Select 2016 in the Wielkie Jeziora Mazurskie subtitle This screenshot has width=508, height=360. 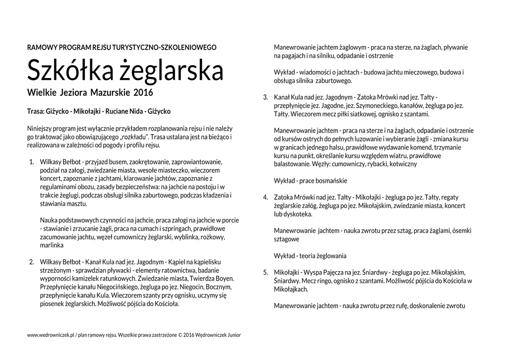tap(143, 93)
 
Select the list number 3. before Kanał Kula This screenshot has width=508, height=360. tap(266, 97)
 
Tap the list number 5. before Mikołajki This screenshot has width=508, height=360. tap(266, 272)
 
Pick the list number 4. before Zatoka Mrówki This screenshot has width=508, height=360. tap(266, 197)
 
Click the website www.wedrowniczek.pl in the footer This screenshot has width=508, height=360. tap(50, 335)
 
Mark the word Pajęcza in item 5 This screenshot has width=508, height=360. tap(326, 272)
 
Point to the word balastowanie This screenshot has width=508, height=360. tap(293, 163)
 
